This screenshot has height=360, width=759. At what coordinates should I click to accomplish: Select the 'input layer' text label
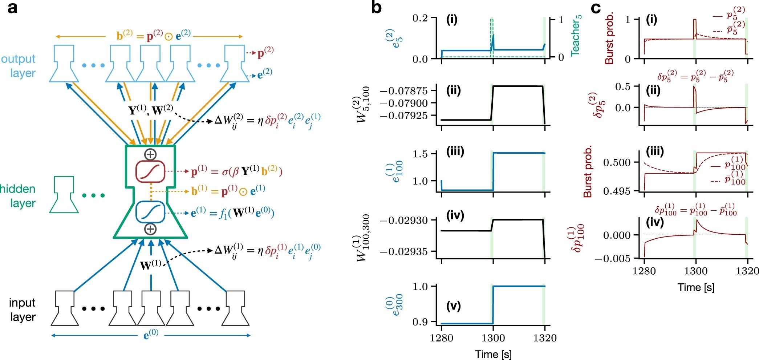point(23,310)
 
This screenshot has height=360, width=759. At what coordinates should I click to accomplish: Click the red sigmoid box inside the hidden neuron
point(150,171)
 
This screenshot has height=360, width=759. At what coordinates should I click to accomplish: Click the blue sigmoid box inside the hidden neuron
point(150,212)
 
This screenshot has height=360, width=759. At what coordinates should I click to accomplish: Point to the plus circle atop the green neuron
point(150,154)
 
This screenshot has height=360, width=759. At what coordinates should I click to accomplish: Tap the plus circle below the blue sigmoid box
point(150,229)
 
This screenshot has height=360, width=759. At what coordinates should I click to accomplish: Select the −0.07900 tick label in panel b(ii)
point(404,103)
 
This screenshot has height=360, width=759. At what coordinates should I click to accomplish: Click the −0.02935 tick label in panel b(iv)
point(404,251)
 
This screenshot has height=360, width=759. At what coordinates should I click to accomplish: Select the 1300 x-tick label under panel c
point(696,271)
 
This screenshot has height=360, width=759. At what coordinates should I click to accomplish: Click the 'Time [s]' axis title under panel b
point(493,354)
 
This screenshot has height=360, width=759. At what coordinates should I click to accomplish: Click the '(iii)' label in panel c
point(655,151)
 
